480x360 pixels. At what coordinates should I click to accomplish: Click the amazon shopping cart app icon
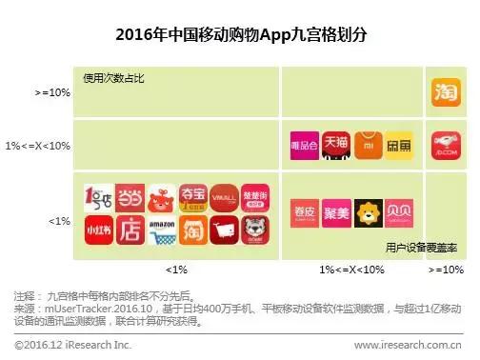(161, 228)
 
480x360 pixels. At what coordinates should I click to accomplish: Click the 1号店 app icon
(99, 197)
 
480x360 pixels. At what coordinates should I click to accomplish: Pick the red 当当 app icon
(130, 197)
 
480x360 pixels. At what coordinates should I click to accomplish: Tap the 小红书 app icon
(99, 228)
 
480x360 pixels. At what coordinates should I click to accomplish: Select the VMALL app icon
(224, 197)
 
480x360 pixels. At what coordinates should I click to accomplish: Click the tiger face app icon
(254, 228)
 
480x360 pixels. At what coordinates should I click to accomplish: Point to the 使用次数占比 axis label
(113, 78)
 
